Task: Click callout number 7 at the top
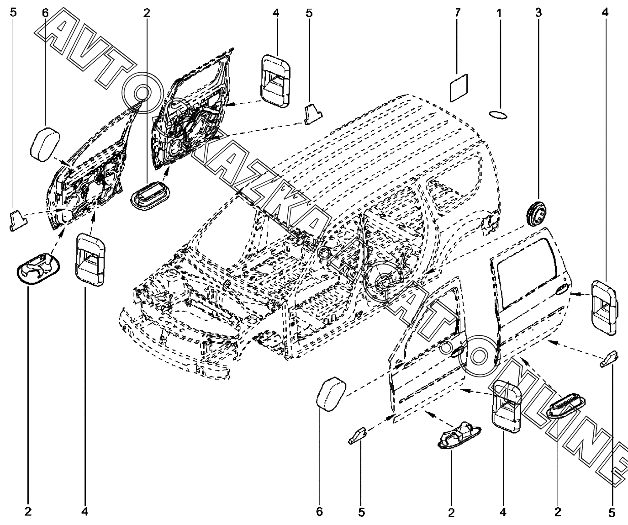pyautogui.click(x=457, y=13)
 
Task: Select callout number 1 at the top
pyautogui.click(x=499, y=13)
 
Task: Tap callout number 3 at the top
pyautogui.click(x=538, y=13)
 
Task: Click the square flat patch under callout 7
pyautogui.click(x=459, y=88)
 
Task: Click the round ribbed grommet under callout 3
pyautogui.click(x=537, y=215)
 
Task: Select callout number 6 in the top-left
pyautogui.click(x=45, y=13)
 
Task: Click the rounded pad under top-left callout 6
pyautogui.click(x=45, y=144)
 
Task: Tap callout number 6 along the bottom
pyautogui.click(x=319, y=512)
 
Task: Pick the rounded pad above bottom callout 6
pyautogui.click(x=331, y=394)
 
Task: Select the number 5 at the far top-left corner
pyautogui.click(x=13, y=13)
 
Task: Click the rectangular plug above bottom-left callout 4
pyautogui.click(x=90, y=260)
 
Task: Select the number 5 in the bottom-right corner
pyautogui.click(x=612, y=512)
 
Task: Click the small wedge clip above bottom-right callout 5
pyautogui.click(x=609, y=359)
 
